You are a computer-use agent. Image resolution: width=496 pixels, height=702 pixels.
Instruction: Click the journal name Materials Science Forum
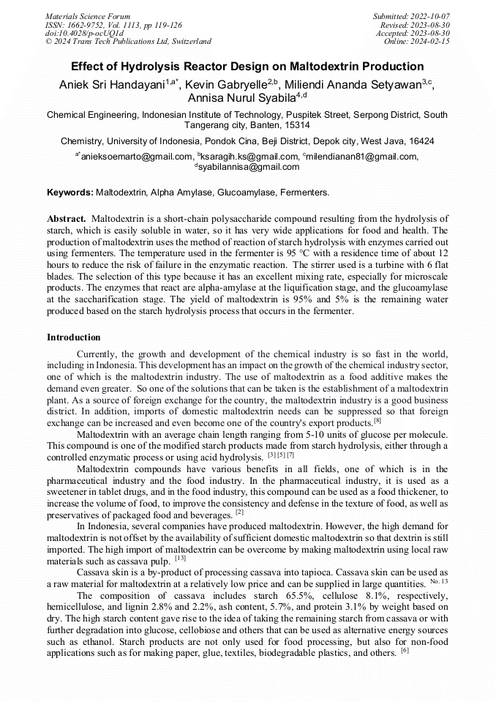pyautogui.click(x=88, y=15)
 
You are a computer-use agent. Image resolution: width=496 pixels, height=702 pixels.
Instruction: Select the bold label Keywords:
pyautogui.click(x=70, y=193)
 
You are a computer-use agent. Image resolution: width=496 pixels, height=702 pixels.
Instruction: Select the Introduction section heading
pyautogui.click(x=74, y=337)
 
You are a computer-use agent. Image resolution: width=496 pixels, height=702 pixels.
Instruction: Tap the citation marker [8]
pyautogui.click(x=377, y=420)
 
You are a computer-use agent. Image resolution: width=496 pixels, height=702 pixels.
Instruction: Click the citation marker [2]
pyautogui.click(x=239, y=512)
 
